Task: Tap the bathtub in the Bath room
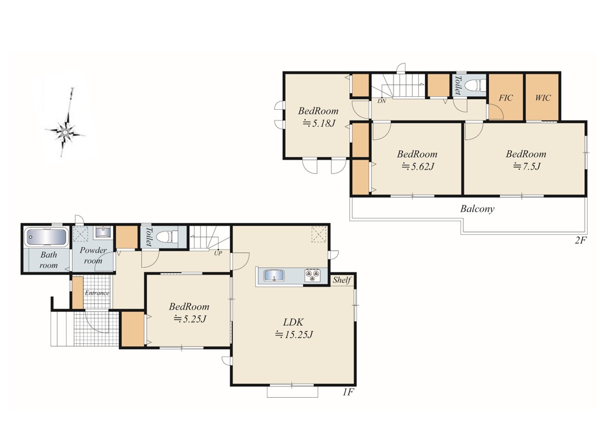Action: point(46,237)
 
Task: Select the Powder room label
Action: point(93,256)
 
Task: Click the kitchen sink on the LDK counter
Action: point(274,276)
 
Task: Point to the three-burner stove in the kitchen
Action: point(312,276)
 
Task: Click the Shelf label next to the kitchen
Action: point(342,280)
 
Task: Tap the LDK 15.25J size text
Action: point(294,334)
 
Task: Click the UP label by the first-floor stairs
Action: point(218,254)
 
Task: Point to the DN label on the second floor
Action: point(382,102)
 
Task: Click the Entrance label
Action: point(97,293)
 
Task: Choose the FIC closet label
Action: point(505,98)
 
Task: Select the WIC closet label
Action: point(542,98)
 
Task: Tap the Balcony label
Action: point(477,209)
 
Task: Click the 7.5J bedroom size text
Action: point(526,166)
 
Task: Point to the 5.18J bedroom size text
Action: point(318,123)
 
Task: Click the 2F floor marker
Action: point(581,240)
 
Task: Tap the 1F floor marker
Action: point(348,392)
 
